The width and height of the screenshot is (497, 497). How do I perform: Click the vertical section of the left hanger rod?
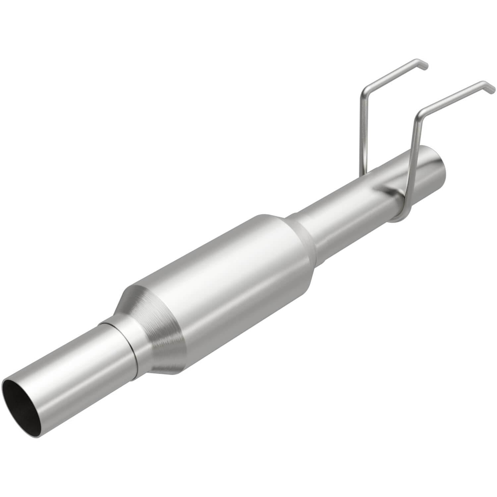click(x=362, y=133)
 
